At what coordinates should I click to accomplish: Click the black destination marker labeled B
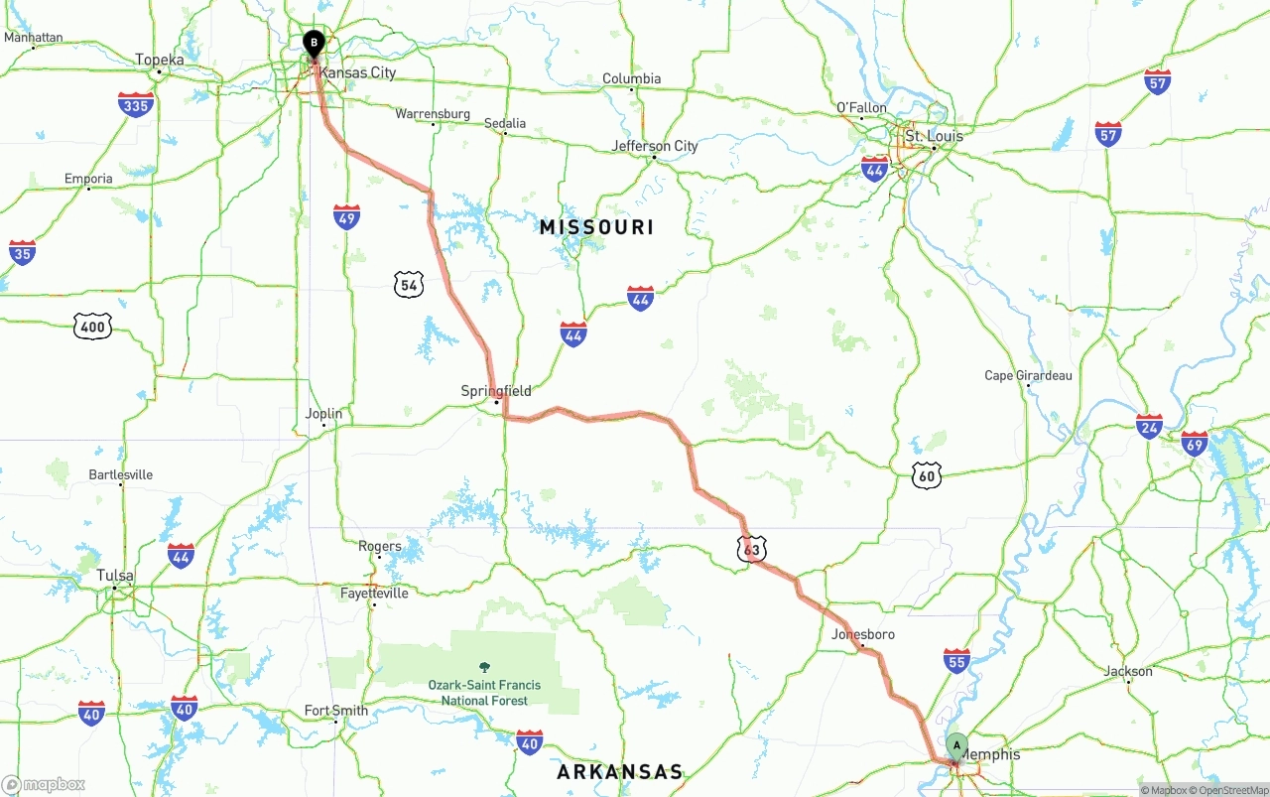tap(314, 44)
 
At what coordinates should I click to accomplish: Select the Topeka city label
tap(160, 61)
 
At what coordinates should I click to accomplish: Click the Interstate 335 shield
tap(135, 104)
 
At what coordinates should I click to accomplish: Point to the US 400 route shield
tap(92, 326)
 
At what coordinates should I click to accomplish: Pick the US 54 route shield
tap(409, 286)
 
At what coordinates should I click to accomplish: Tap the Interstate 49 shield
tap(346, 217)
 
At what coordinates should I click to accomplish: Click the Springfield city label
tap(496, 391)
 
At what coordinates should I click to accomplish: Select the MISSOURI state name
tap(596, 227)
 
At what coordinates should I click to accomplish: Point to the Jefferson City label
tap(655, 146)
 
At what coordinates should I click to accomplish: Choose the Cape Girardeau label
tap(1028, 375)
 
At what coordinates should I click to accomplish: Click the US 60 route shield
tap(927, 476)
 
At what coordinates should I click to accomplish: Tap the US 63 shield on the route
tap(751, 549)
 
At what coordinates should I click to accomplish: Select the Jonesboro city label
tap(863, 634)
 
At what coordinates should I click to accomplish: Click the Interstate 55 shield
tap(956, 661)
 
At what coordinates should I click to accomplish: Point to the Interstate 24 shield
tap(1149, 427)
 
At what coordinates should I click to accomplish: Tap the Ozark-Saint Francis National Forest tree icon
tap(484, 668)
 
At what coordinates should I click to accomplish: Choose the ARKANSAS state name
tap(620, 772)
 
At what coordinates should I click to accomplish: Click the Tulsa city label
tap(115, 576)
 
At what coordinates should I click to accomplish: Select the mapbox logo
tap(44, 785)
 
